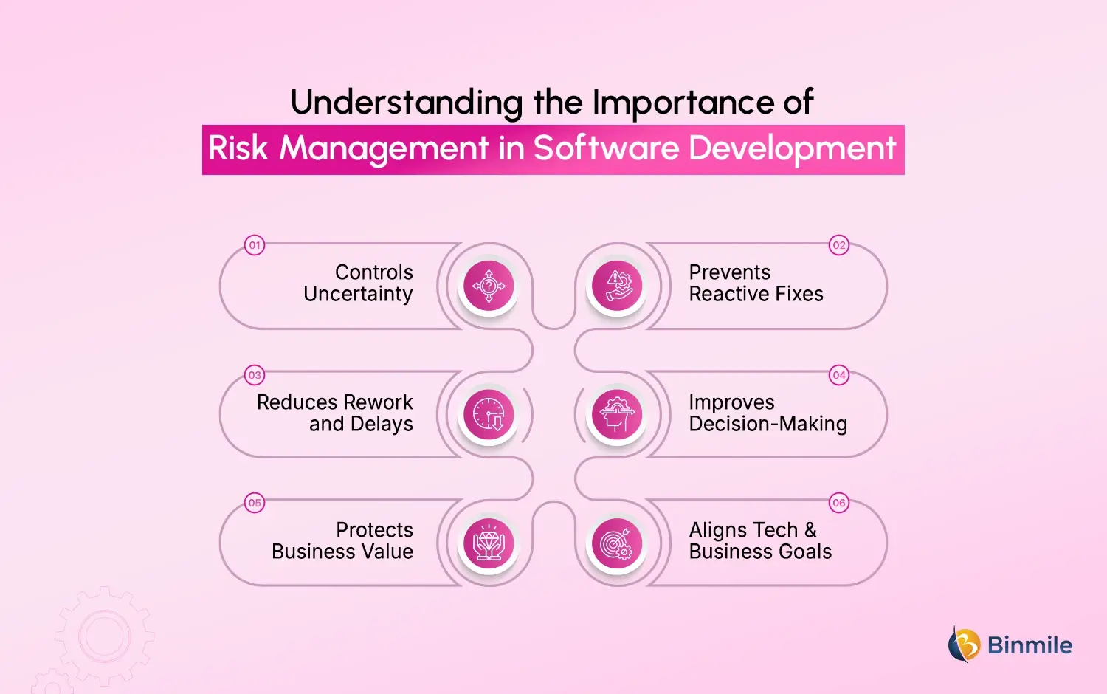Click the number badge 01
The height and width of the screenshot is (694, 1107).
click(255, 245)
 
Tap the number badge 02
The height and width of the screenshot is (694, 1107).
click(839, 245)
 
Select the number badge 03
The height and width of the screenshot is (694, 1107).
click(255, 375)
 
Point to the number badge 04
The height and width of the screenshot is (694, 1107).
click(839, 375)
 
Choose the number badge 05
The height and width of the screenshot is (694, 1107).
click(255, 503)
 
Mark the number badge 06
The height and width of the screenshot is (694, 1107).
click(839, 503)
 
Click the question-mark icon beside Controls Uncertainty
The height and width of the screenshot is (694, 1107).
click(489, 286)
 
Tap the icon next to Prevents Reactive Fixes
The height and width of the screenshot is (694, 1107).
click(618, 286)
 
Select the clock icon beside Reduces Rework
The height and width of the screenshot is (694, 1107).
click(489, 414)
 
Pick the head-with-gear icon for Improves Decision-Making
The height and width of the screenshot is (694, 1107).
click(618, 414)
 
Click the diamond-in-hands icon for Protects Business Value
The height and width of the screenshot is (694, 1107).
click(489, 543)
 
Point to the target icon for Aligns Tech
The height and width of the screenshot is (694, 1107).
click(618, 543)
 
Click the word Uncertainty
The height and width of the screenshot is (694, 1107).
click(358, 295)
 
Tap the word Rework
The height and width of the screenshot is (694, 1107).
click(378, 402)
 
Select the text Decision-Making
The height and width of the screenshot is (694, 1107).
click(768, 425)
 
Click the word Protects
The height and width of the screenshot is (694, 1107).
click(374, 530)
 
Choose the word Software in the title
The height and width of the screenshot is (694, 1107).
click(606, 148)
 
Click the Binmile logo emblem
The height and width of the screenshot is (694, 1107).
click(964, 645)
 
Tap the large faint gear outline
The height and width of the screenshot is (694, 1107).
click(104, 636)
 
